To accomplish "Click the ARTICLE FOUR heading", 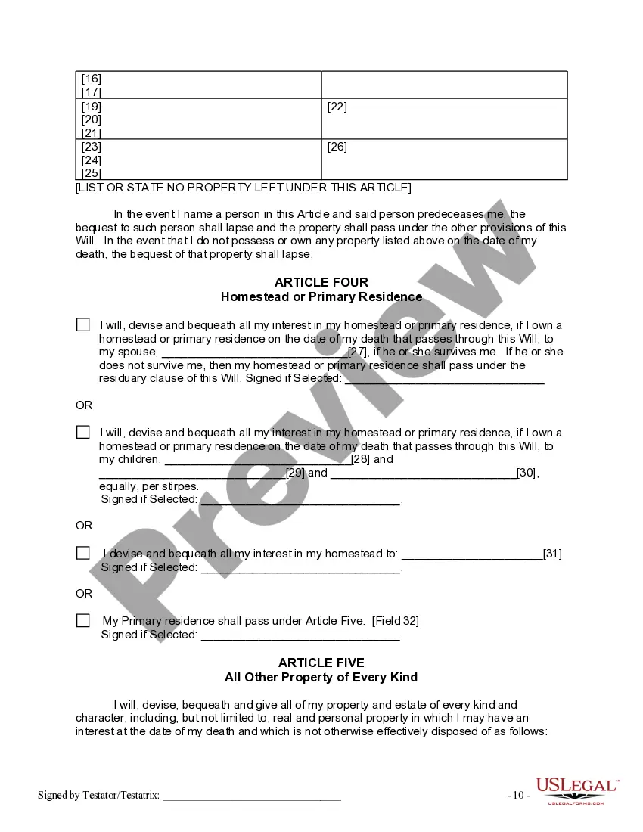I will tap(321, 283).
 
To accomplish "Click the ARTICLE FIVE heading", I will tap(321, 663).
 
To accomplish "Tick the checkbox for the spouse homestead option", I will tap(82, 324).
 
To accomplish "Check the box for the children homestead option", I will tap(82, 432).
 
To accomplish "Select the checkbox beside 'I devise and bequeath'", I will tap(82, 553).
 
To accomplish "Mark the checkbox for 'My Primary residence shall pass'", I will tap(82, 620).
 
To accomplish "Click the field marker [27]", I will tap(358, 352).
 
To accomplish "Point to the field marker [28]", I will tap(362, 459).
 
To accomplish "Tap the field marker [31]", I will tap(552, 554).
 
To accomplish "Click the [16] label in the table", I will tap(92, 79).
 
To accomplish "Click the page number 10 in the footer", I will tap(518, 795).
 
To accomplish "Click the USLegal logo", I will tap(577, 790).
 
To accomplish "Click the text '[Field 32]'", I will tap(395, 621).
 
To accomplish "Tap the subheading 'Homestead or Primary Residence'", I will tap(321, 296).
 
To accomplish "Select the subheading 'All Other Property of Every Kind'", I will tap(321, 677).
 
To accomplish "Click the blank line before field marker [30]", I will tap(423, 473).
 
